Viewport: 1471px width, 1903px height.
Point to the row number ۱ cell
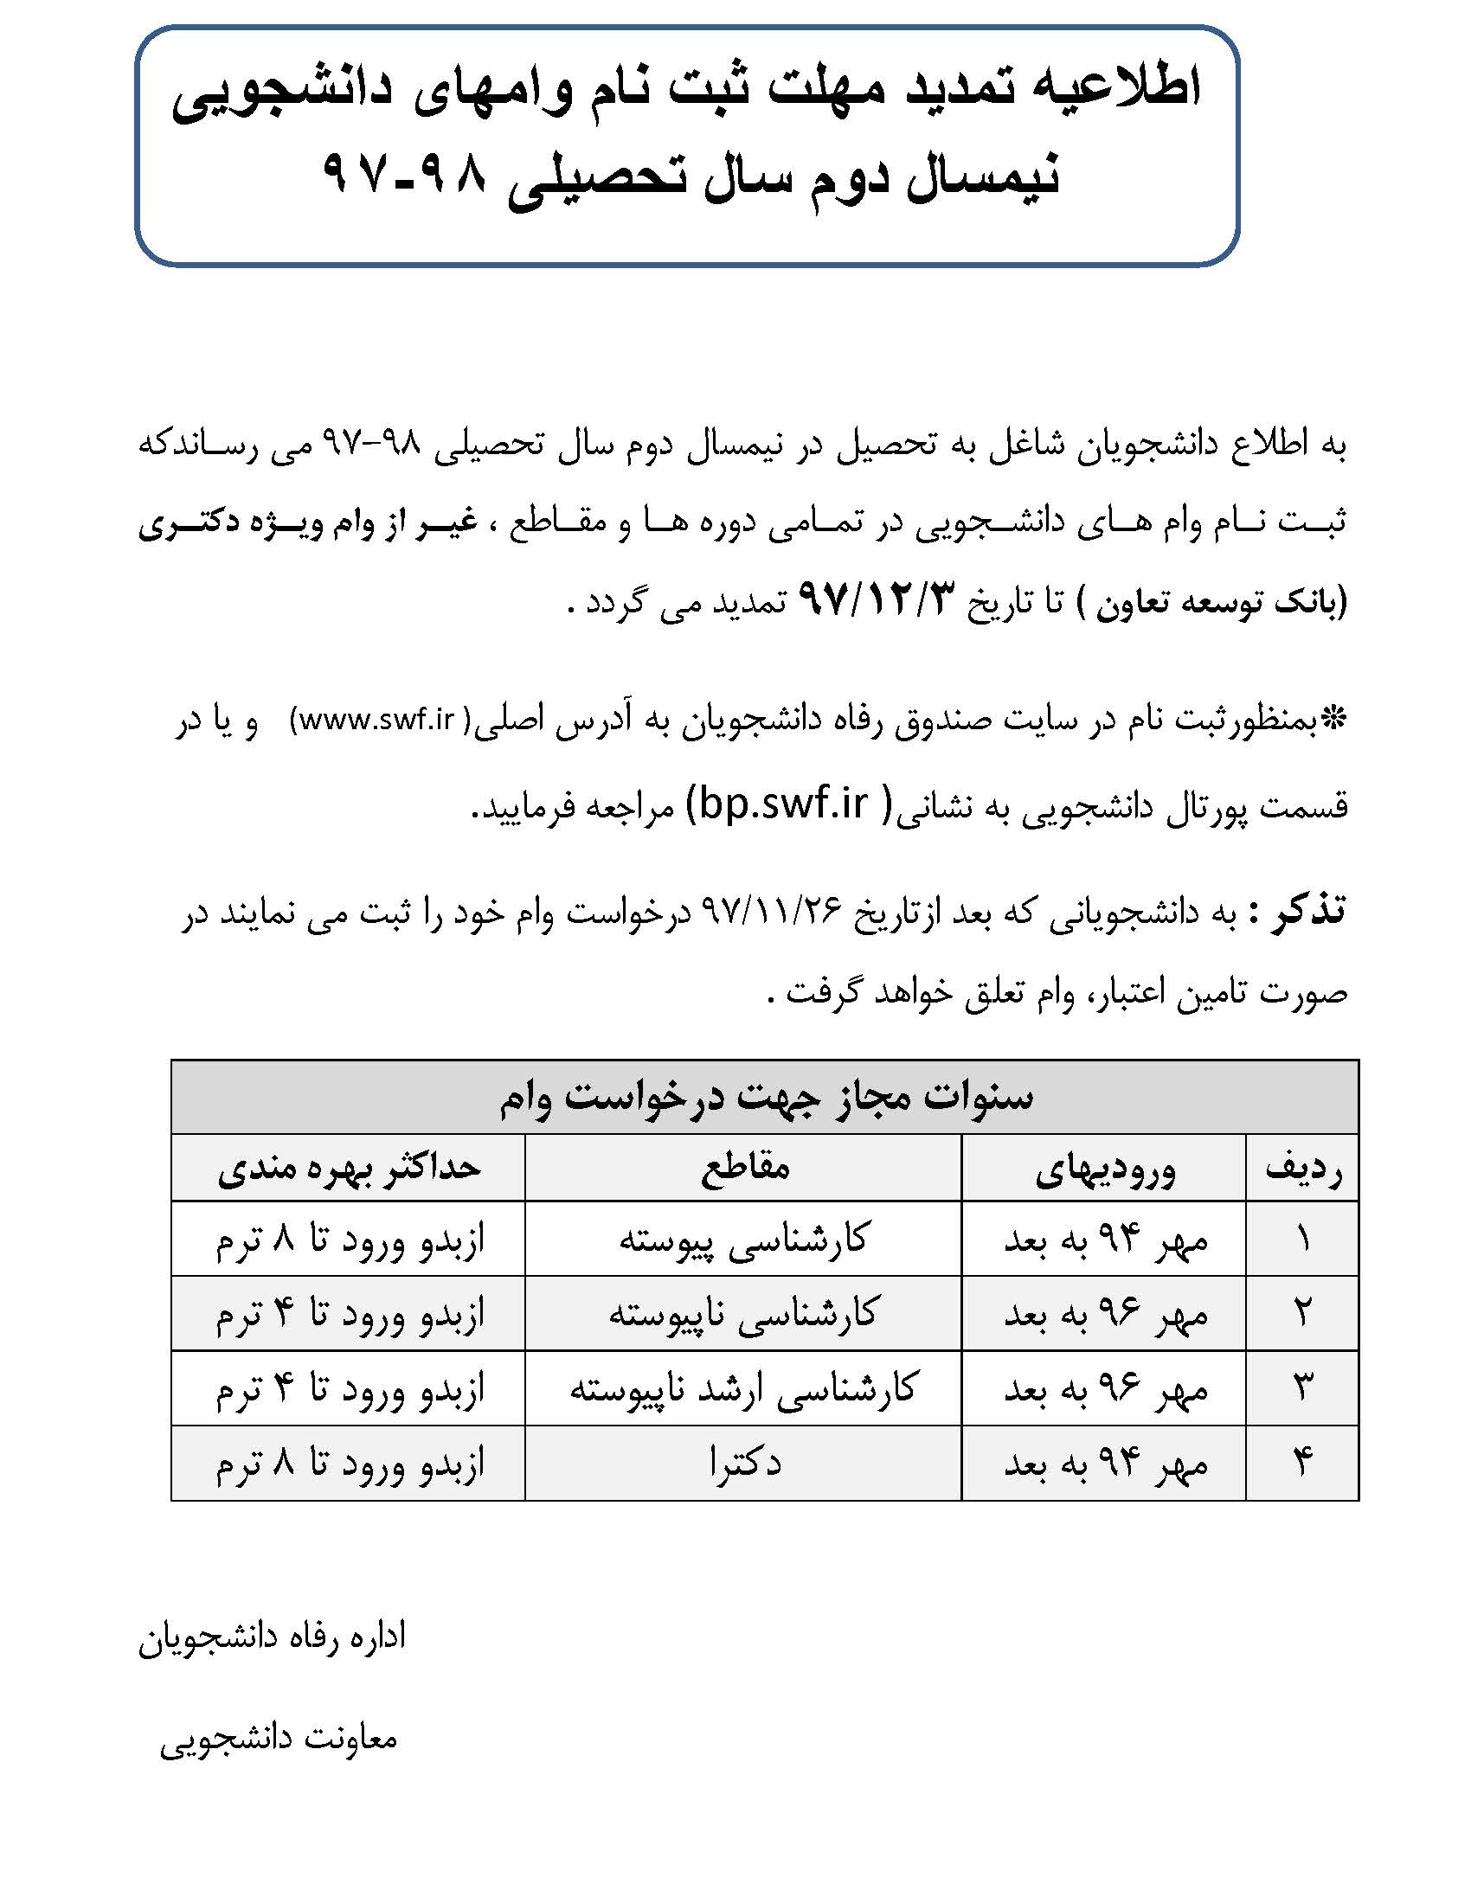pos(1303,1239)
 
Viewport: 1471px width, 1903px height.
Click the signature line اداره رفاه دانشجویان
pos(272,1637)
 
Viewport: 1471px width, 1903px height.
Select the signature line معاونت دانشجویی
pos(279,1739)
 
